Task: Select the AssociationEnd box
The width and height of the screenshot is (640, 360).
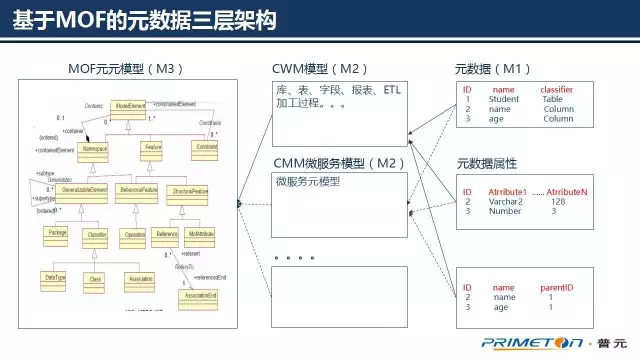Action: (196, 295)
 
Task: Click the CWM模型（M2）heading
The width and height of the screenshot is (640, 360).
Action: (319, 68)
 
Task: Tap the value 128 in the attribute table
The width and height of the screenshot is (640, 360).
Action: (558, 201)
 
